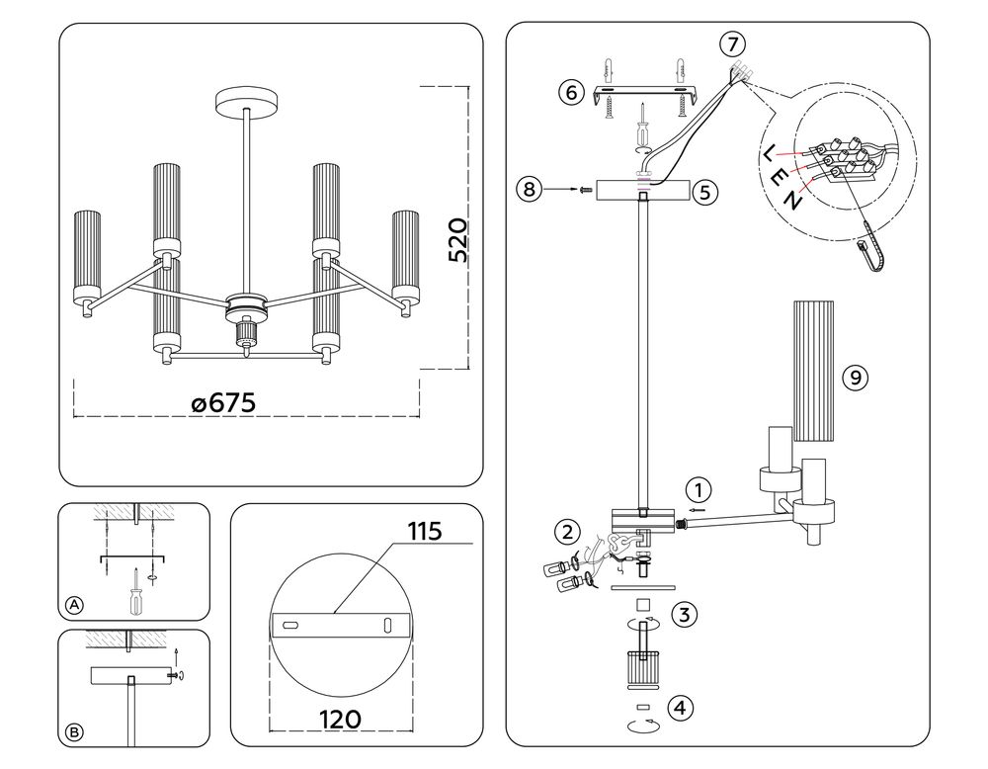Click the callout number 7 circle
[732, 43]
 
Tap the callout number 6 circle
[569, 93]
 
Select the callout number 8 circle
[531, 189]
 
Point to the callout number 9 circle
[857, 377]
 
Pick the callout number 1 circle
[699, 488]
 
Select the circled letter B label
[73, 732]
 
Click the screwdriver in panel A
[132, 594]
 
